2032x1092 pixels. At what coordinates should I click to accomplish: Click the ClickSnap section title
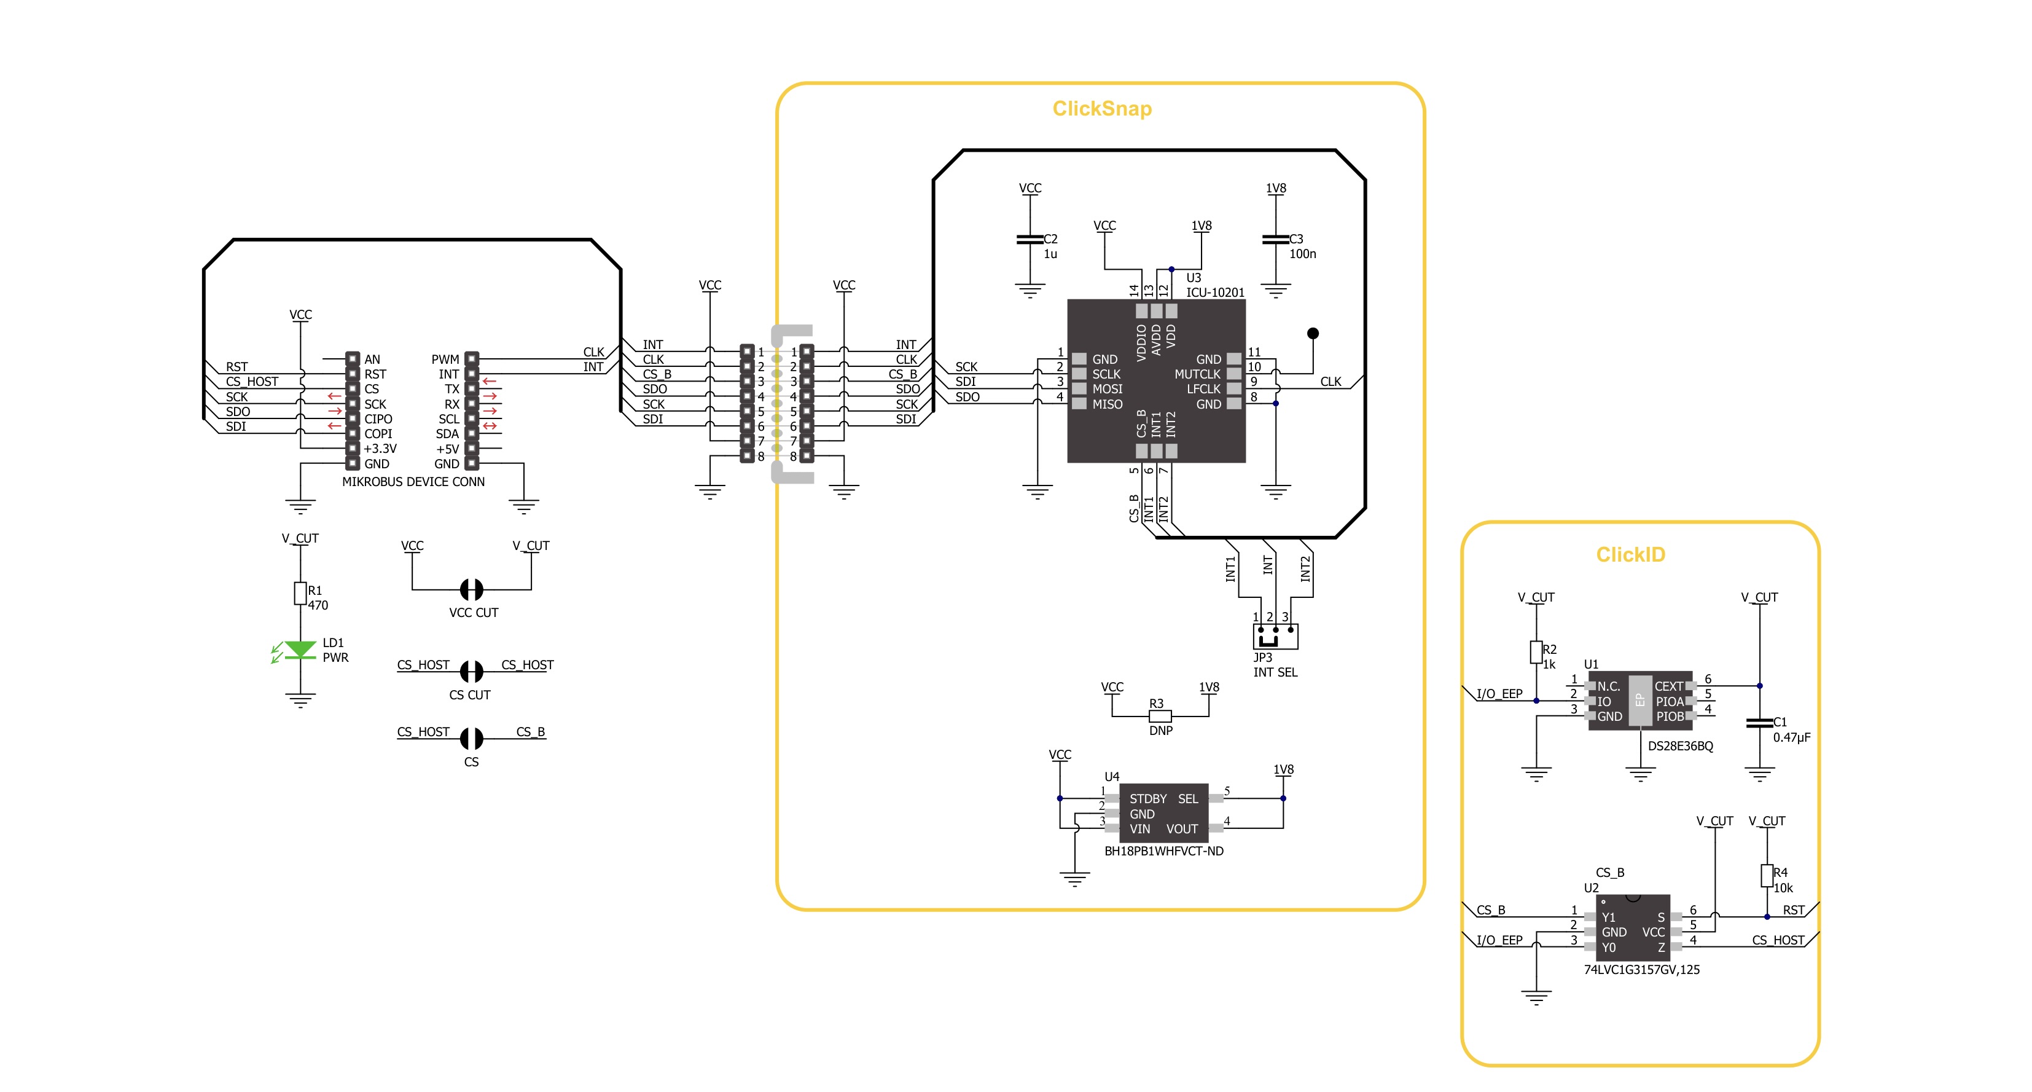coord(1101,108)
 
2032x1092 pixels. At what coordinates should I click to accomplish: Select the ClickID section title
coord(1630,555)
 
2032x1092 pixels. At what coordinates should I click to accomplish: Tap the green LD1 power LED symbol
coord(300,650)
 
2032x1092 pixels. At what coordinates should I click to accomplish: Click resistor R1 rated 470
coord(300,594)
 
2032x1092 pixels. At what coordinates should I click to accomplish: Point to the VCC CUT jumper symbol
coord(471,589)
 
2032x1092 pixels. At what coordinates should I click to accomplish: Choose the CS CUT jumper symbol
coord(471,672)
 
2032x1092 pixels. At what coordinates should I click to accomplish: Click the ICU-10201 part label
coord(1215,293)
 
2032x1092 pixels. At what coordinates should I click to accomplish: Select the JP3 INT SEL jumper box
coord(1275,636)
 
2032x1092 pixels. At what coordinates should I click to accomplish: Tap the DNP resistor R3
coord(1160,717)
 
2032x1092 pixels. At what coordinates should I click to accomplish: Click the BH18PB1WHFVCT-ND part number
coord(1163,851)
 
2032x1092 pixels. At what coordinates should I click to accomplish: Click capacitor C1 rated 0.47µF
coord(1759,723)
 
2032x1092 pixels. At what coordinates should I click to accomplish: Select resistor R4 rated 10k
coord(1767,876)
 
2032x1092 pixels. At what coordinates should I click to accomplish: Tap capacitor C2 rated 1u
coord(1030,239)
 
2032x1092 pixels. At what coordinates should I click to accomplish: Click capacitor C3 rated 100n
coord(1275,239)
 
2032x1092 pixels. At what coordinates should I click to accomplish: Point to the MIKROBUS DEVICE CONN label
coord(413,481)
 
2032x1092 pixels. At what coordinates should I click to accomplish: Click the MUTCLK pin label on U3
coord(1197,374)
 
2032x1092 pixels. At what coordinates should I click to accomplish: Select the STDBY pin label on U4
coord(1147,798)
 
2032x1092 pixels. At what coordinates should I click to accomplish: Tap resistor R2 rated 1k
coord(1536,653)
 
